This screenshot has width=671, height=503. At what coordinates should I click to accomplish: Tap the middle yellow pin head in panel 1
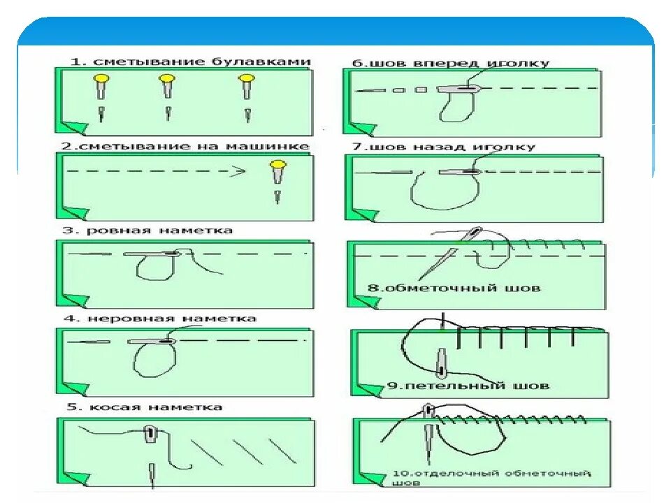(167, 79)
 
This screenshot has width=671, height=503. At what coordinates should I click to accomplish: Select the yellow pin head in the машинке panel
(279, 166)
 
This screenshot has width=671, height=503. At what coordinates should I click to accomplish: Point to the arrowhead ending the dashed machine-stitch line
(240, 170)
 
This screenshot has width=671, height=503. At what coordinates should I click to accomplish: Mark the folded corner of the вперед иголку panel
(361, 129)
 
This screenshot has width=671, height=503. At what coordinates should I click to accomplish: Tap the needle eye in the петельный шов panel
(441, 360)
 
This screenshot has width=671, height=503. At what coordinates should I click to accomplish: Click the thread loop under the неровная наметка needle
(149, 357)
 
